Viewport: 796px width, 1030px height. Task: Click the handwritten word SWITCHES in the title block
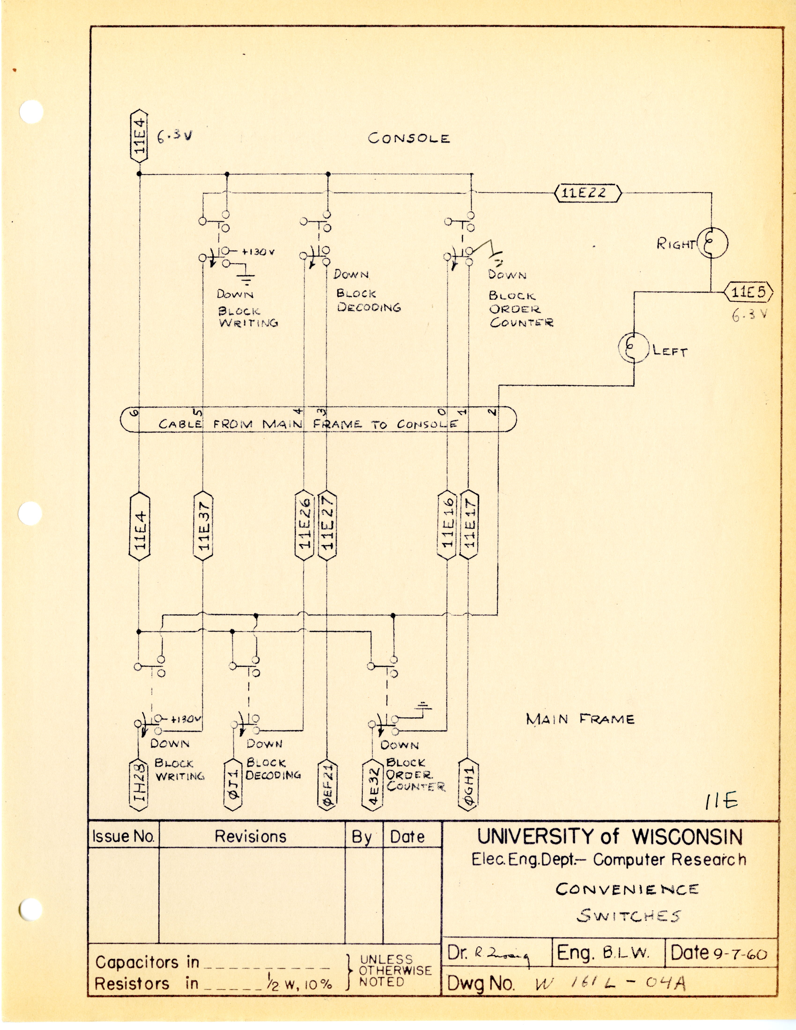click(x=629, y=916)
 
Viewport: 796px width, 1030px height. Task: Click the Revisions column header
click(x=250, y=837)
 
